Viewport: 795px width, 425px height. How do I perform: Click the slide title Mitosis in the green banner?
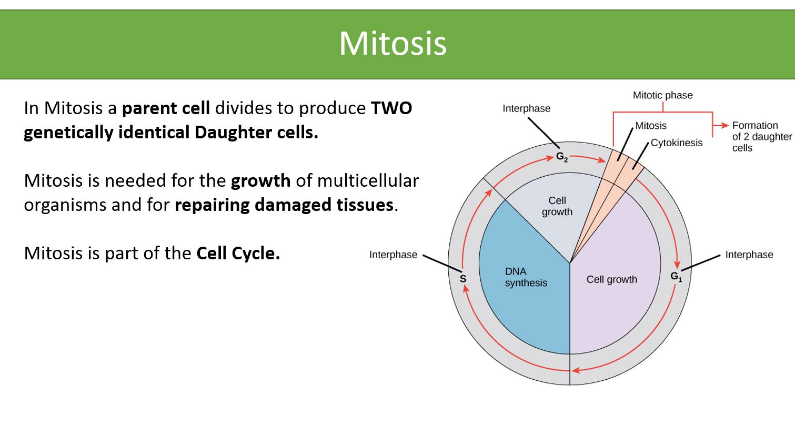click(x=393, y=43)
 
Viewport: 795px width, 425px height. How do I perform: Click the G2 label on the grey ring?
click(x=561, y=157)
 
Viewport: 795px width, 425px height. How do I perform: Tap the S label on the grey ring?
click(x=463, y=279)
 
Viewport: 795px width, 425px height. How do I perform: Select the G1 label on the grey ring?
click(x=676, y=276)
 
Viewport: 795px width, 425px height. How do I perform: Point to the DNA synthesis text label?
click(x=526, y=277)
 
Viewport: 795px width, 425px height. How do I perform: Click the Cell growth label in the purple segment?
click(x=611, y=279)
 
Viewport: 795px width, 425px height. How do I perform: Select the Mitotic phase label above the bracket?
click(x=662, y=95)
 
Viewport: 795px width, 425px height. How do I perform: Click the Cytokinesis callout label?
click(x=676, y=143)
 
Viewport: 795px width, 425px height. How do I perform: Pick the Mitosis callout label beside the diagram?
click(x=650, y=126)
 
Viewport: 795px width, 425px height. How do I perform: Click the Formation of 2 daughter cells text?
click(x=761, y=136)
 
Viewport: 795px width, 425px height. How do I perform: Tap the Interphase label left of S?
click(x=393, y=255)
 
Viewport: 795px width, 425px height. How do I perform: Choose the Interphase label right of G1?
click(x=749, y=255)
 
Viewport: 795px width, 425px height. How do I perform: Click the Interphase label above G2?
click(x=526, y=108)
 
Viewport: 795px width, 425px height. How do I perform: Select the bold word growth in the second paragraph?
click(x=260, y=180)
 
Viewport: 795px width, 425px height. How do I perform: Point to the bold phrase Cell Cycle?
click(x=238, y=254)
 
